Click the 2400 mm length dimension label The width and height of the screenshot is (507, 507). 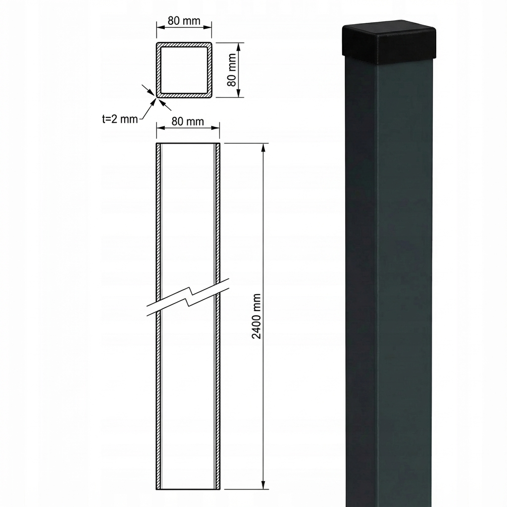click(x=256, y=316)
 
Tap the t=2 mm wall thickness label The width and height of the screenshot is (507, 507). click(x=120, y=119)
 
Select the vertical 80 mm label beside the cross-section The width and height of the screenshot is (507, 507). click(x=232, y=69)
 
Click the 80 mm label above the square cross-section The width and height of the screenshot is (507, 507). click(x=184, y=21)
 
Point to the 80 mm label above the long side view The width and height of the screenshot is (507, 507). click(x=188, y=121)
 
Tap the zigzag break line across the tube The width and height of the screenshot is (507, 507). click(x=188, y=297)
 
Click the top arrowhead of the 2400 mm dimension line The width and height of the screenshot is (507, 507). click(x=263, y=148)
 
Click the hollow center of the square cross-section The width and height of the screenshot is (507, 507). click(x=184, y=69)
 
